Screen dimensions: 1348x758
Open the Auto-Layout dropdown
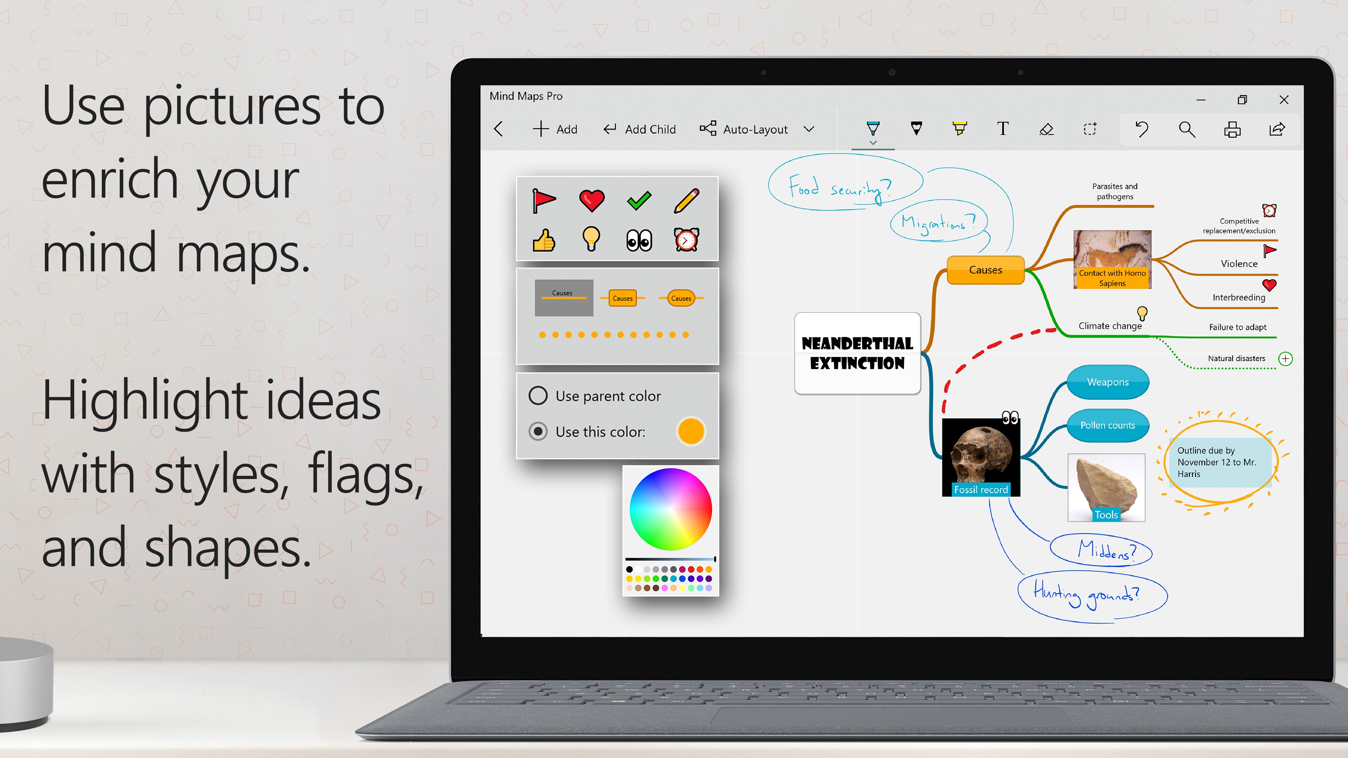coord(809,129)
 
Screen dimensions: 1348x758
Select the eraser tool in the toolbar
coord(1046,129)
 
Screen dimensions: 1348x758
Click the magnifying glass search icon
coord(1187,129)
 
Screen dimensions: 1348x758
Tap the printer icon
coord(1233,129)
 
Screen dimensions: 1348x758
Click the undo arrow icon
coord(1142,129)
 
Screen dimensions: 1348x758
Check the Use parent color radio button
coord(538,395)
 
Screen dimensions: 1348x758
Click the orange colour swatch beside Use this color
coord(691,431)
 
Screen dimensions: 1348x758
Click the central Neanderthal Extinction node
coord(857,353)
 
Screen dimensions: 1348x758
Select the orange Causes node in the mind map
coord(985,270)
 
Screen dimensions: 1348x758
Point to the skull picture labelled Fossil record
coord(981,457)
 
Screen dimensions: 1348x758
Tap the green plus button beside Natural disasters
coord(1285,359)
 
